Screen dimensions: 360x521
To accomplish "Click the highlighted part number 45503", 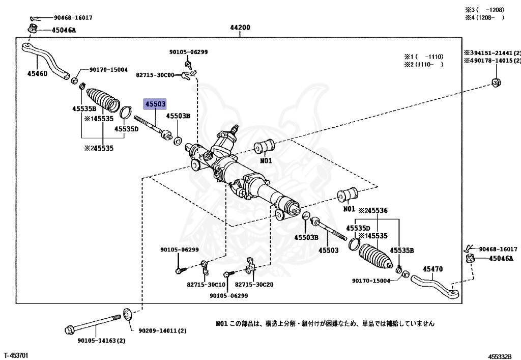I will click(x=155, y=104).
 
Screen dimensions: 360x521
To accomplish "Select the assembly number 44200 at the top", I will click(x=240, y=27).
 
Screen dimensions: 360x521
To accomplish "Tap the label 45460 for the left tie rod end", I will click(x=37, y=73).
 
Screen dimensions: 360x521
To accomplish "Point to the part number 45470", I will click(x=433, y=269).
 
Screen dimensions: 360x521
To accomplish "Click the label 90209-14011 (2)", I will click(x=162, y=330).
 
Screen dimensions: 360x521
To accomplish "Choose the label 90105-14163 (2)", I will click(x=101, y=341).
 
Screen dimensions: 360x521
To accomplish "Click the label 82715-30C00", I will click(x=155, y=75).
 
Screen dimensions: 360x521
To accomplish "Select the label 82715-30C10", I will click(x=206, y=285).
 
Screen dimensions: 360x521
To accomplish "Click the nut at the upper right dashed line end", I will click(x=497, y=82).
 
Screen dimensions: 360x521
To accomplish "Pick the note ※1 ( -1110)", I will click(x=424, y=57).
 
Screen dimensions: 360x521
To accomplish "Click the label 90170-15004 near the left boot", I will click(x=108, y=70).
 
